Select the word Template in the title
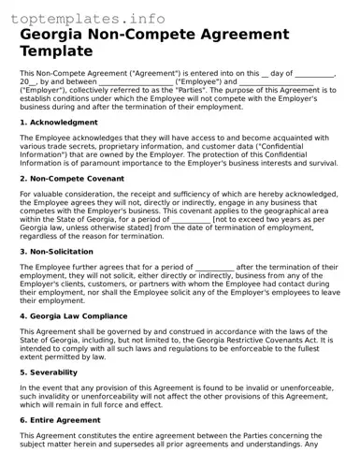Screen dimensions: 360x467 point(56,51)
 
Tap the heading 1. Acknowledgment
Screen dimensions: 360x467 point(58,123)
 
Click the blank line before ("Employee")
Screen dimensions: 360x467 point(136,81)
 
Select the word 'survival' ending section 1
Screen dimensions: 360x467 point(316,162)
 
